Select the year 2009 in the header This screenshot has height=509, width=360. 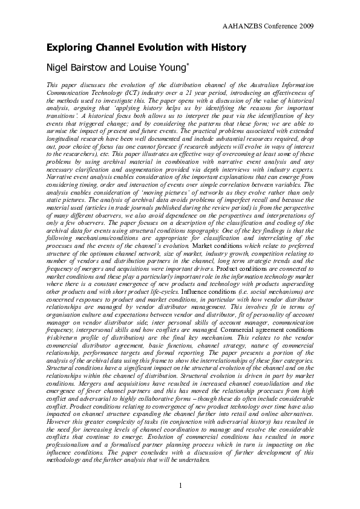point(306,27)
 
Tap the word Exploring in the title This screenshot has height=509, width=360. point(70,48)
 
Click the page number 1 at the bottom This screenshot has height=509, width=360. point(180,486)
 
